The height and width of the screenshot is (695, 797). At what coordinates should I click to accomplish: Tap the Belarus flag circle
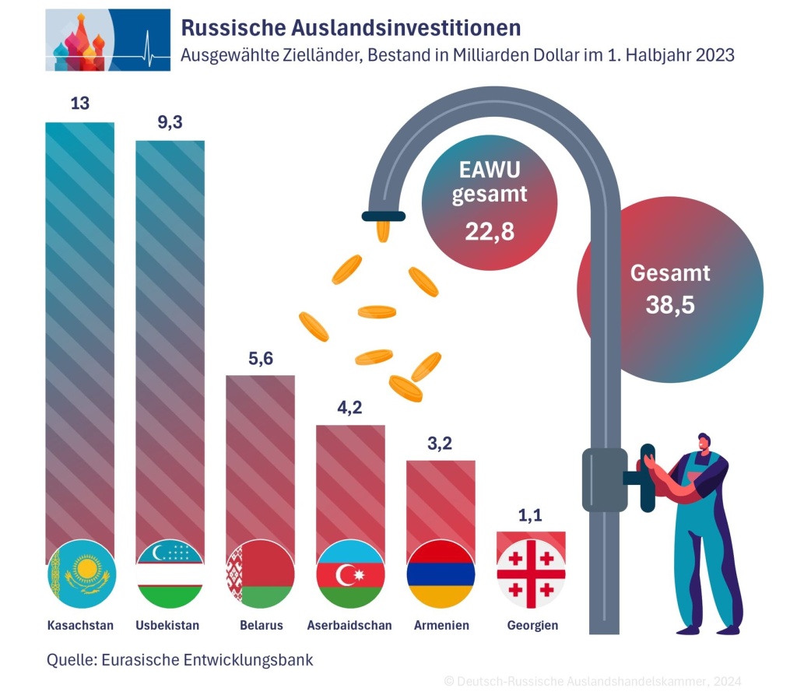pyautogui.click(x=260, y=574)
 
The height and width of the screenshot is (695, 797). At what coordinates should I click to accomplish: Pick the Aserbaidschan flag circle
pyautogui.click(x=350, y=574)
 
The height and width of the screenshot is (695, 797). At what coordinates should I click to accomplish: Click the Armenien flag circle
pyautogui.click(x=441, y=574)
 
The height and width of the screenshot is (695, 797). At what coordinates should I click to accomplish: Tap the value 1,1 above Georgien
pyautogui.click(x=531, y=514)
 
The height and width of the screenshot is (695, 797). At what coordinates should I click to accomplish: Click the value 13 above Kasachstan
pyautogui.click(x=80, y=103)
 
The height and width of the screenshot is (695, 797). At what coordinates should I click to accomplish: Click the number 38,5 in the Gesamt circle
pyautogui.click(x=669, y=304)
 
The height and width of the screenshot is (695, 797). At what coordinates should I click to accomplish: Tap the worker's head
pyautogui.click(x=704, y=444)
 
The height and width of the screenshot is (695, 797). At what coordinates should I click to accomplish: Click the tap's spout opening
pyautogui.click(x=384, y=215)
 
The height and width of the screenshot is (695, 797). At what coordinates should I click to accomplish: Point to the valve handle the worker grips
pyautogui.click(x=645, y=476)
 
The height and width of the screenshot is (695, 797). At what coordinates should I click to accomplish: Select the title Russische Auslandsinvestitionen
pyautogui.click(x=351, y=29)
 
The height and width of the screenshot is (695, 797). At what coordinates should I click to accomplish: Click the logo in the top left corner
pyautogui.click(x=107, y=40)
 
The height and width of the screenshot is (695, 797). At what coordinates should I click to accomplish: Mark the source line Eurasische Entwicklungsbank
pyautogui.click(x=180, y=660)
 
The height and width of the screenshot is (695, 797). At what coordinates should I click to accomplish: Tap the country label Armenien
pyautogui.click(x=441, y=626)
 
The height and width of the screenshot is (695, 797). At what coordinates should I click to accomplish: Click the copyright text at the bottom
pyautogui.click(x=592, y=680)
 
